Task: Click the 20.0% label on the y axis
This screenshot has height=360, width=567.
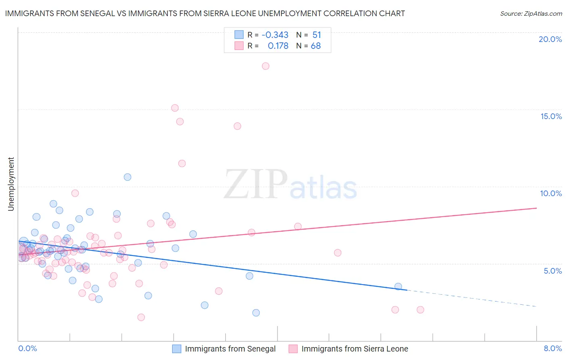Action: (x=550, y=39)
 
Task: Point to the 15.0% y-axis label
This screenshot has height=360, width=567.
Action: (x=551, y=116)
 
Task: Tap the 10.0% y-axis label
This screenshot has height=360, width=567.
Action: (x=551, y=193)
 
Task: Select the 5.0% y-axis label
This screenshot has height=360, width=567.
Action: (x=552, y=271)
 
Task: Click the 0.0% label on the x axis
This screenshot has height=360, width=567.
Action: (x=27, y=348)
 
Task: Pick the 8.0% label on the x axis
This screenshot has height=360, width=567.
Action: (x=552, y=348)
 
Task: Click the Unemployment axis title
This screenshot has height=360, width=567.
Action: (x=11, y=184)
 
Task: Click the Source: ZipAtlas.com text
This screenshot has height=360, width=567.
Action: (x=531, y=13)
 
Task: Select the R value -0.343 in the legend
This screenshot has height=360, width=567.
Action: (x=275, y=35)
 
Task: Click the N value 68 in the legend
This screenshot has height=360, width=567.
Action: (x=316, y=46)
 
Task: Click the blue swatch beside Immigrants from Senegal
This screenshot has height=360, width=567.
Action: (x=177, y=349)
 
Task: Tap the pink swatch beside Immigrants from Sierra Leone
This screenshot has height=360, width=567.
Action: (x=293, y=349)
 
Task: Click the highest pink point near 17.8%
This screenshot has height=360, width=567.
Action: (x=265, y=66)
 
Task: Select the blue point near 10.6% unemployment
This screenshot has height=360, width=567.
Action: (x=127, y=177)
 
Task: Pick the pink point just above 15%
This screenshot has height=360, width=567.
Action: (x=175, y=108)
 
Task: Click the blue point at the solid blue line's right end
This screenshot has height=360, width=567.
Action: (x=398, y=287)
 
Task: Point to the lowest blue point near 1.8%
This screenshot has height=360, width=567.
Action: (x=256, y=313)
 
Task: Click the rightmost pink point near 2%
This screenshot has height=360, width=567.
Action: (x=420, y=310)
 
